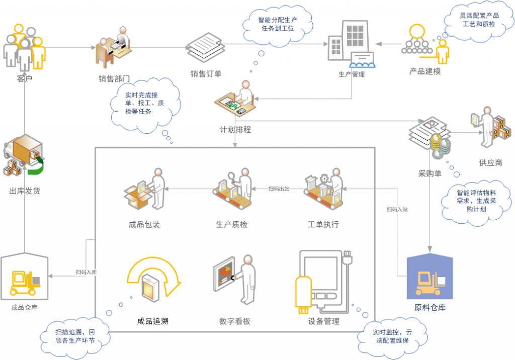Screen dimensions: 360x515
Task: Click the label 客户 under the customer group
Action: pos(24,79)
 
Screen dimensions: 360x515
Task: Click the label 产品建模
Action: pos(425,71)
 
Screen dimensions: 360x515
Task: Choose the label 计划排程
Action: pos(235,129)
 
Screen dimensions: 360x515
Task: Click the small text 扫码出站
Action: pos(279,189)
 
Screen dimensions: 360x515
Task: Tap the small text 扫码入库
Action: pos(87,272)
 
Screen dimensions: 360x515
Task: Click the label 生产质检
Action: pos(232,224)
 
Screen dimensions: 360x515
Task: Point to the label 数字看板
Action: pos(235,321)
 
